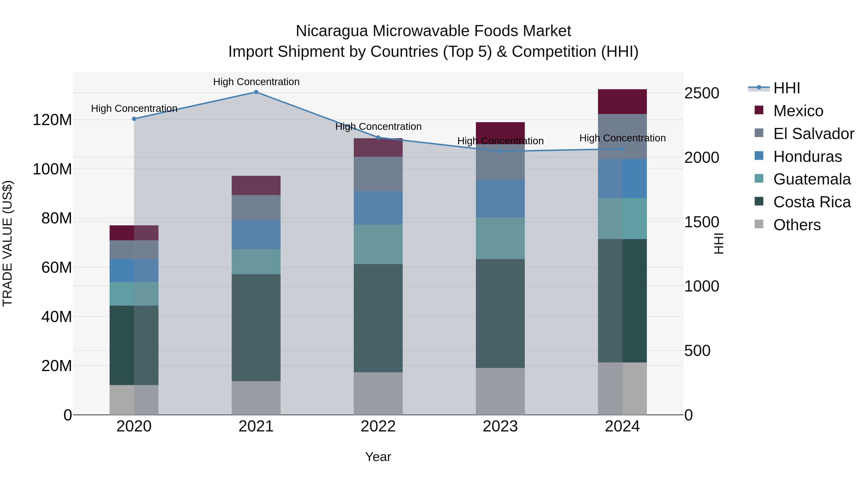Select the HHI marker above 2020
coord(134,119)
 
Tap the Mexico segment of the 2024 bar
coord(622,101)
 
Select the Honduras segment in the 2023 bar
coord(500,198)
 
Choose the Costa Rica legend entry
coord(811,202)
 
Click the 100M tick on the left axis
coord(52,169)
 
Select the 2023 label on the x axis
coord(500,426)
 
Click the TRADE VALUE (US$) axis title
coord(7,243)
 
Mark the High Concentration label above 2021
coord(256,82)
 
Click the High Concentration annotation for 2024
coord(622,138)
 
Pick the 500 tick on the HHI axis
coord(697,351)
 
